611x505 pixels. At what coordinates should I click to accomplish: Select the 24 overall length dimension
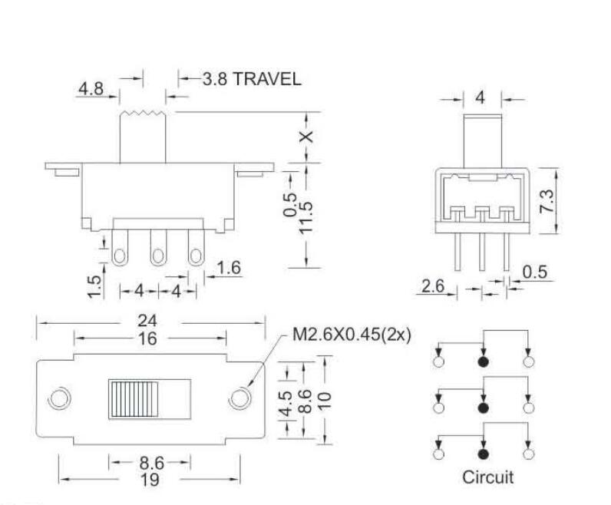[150, 322]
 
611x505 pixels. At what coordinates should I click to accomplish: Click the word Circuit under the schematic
[487, 477]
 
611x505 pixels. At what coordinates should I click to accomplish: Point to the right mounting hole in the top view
[240, 398]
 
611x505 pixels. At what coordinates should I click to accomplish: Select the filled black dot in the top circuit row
[483, 363]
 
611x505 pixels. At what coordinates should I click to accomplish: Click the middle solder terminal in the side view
[158, 252]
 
